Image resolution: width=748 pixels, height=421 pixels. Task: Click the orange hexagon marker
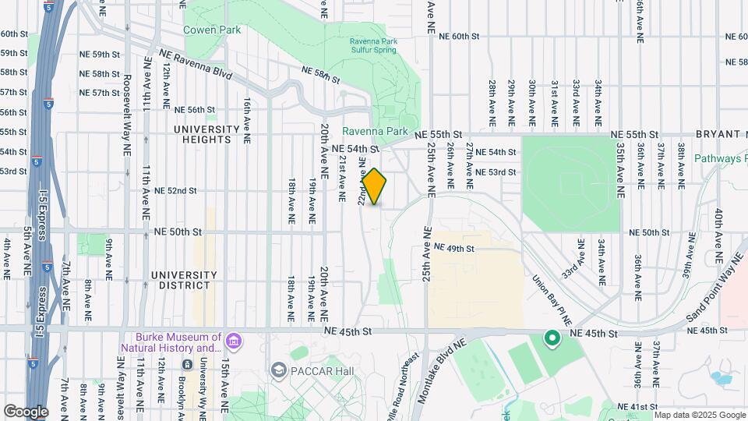tap(375, 187)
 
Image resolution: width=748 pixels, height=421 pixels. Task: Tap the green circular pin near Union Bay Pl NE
tap(552, 338)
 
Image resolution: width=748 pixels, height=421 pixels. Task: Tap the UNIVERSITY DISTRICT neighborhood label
tap(183, 280)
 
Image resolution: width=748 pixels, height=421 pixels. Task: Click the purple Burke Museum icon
tap(232, 341)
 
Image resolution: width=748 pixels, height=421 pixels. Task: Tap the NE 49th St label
tap(454, 248)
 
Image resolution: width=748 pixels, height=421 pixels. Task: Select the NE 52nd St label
tap(175, 190)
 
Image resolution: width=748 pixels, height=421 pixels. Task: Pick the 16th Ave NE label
tap(246, 119)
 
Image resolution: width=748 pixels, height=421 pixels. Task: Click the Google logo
tap(26, 411)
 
